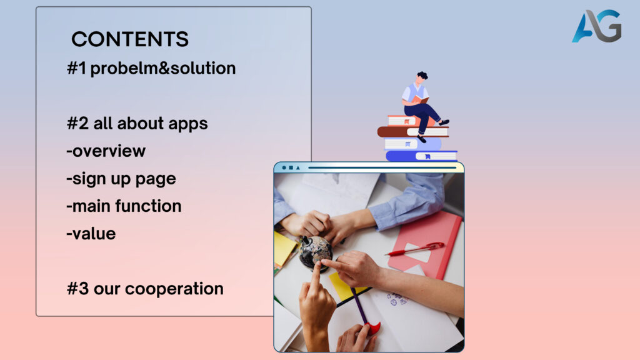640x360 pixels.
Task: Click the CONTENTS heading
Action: pyautogui.click(x=130, y=39)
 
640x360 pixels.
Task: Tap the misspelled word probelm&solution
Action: pyautogui.click(x=163, y=69)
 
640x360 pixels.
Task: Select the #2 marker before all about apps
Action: pyautogui.click(x=77, y=123)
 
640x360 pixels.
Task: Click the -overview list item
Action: pyautogui.click(x=106, y=151)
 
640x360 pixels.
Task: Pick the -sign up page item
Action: pyautogui.click(x=121, y=179)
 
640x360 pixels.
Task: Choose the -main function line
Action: pyautogui.click(x=124, y=206)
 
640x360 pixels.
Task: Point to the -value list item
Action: pyautogui.click(x=91, y=234)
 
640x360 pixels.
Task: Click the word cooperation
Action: pyautogui.click(x=174, y=289)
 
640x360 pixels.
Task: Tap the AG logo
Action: pyautogui.click(x=597, y=26)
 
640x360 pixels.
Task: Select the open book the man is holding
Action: pyautogui.click(x=419, y=99)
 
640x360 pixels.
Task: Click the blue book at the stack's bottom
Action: pyautogui.click(x=421, y=156)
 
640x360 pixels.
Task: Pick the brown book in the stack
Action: pyautogui.click(x=412, y=131)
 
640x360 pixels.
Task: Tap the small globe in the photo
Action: pyautogui.click(x=315, y=252)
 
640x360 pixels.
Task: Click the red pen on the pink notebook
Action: pyautogui.click(x=416, y=249)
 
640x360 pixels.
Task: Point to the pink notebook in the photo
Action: pyautogui.click(x=425, y=245)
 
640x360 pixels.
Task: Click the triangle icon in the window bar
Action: pyautogui.click(x=298, y=167)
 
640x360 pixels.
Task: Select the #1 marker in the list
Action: pyautogui.click(x=77, y=69)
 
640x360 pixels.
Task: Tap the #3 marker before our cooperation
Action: pyautogui.click(x=77, y=289)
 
